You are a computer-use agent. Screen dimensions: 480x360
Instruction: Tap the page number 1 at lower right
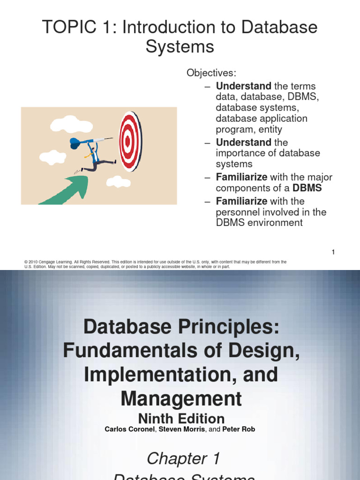click(333, 252)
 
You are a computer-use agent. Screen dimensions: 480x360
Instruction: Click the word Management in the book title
click(181, 398)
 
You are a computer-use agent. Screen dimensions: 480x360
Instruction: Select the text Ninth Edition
click(180, 418)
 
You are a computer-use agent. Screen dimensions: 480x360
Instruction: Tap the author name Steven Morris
click(186, 429)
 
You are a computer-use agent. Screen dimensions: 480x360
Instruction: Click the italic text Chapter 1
click(183, 458)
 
